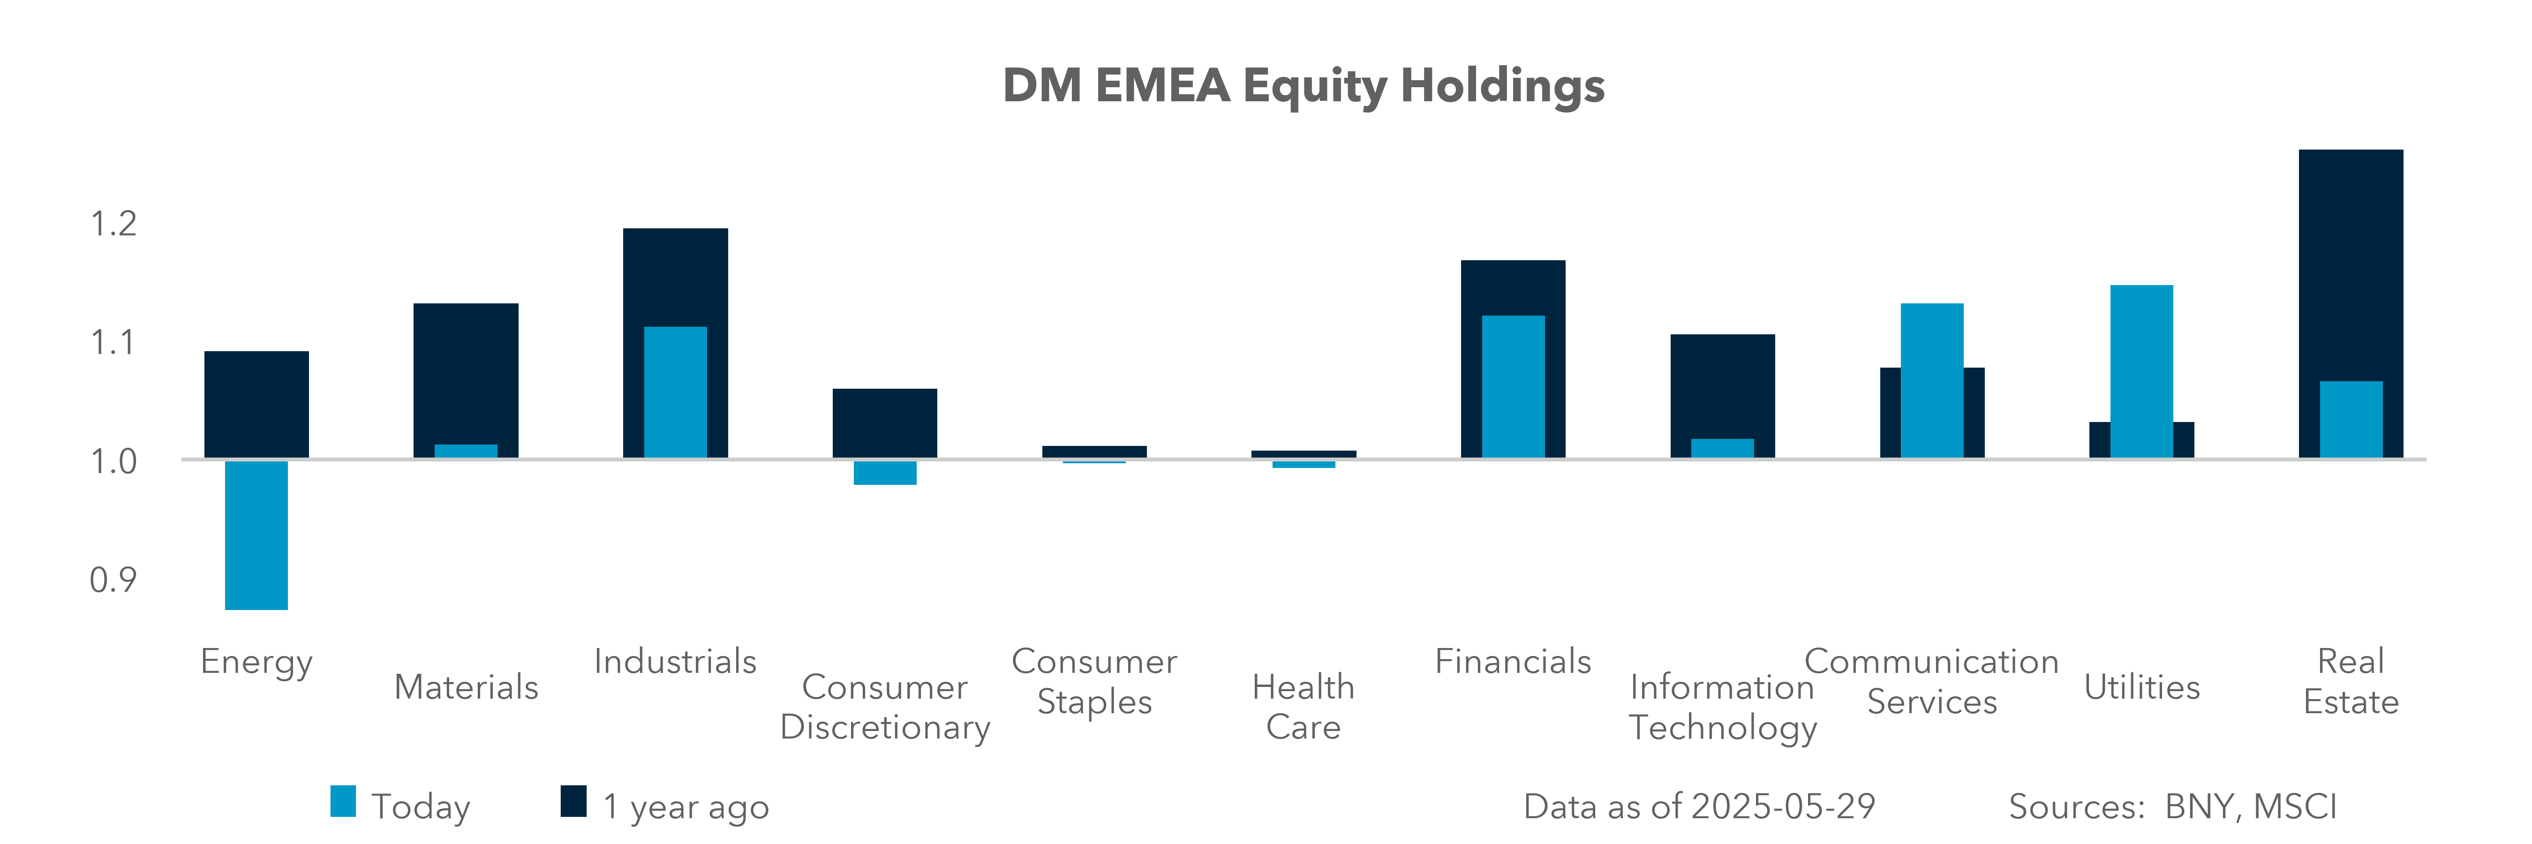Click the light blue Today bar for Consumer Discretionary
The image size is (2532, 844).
pyautogui.click(x=885, y=473)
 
